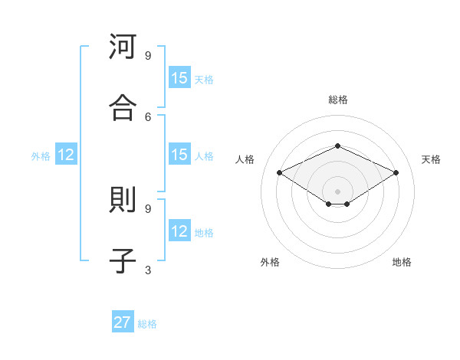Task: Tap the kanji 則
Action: tap(123, 201)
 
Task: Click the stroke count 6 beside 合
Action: tap(148, 116)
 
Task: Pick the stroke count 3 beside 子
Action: tap(148, 269)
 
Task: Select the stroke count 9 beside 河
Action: tap(148, 55)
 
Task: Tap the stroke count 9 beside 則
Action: tap(148, 208)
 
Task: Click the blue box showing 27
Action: tap(123, 322)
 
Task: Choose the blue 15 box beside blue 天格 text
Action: tap(179, 78)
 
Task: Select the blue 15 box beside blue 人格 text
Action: tap(179, 155)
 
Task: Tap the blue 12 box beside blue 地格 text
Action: tap(179, 231)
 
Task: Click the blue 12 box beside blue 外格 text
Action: tap(66, 155)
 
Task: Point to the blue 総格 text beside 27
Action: tap(147, 324)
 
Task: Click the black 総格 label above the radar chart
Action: tap(337, 100)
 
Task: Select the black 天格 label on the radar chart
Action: tap(431, 159)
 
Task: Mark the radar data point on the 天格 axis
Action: tap(396, 173)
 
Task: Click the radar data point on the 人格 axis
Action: tap(280, 173)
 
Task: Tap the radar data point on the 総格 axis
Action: tap(337, 145)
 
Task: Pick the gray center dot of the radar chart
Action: tap(337, 191)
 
